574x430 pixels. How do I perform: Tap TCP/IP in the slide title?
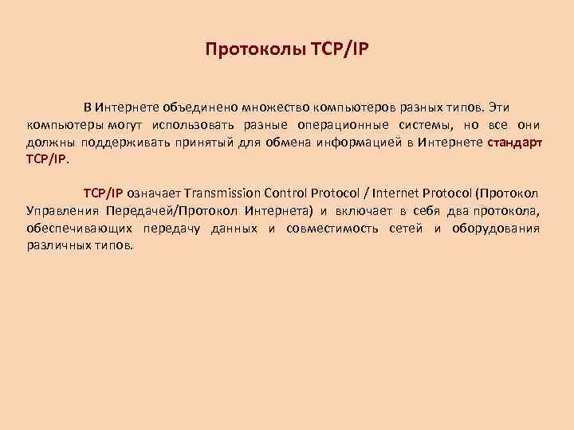(x=340, y=50)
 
